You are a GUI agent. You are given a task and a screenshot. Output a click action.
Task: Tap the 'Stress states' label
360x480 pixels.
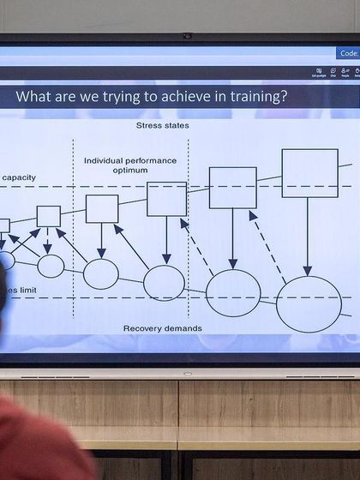pos(162,126)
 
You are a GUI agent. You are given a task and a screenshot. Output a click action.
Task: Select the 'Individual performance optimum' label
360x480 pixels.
pos(129,165)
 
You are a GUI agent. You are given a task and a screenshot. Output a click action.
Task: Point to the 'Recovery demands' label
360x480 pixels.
pos(162,328)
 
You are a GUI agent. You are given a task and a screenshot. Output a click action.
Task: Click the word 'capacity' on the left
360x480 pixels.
pos(19,177)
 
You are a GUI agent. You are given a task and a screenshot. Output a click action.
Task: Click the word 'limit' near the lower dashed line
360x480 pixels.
pos(21,291)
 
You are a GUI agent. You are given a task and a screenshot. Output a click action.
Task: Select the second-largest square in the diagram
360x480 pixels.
pos(232,188)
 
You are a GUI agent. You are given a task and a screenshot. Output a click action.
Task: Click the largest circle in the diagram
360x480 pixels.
pos(309,303)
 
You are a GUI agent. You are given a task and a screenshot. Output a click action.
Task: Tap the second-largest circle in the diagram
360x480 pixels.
pos(233,292)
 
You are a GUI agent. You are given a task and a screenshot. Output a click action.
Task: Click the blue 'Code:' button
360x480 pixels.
pos(347,53)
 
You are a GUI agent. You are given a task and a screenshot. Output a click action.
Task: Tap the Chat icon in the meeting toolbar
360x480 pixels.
pos(333,73)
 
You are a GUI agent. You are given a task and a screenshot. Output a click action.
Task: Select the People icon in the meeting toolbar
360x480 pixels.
pos(345,73)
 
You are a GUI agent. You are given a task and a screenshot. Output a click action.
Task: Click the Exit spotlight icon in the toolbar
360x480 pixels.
pos(319,73)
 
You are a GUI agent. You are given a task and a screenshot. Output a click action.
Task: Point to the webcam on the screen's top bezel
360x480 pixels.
pos(187,36)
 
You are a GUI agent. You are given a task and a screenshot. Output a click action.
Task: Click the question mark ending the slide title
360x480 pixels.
pos(284,97)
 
